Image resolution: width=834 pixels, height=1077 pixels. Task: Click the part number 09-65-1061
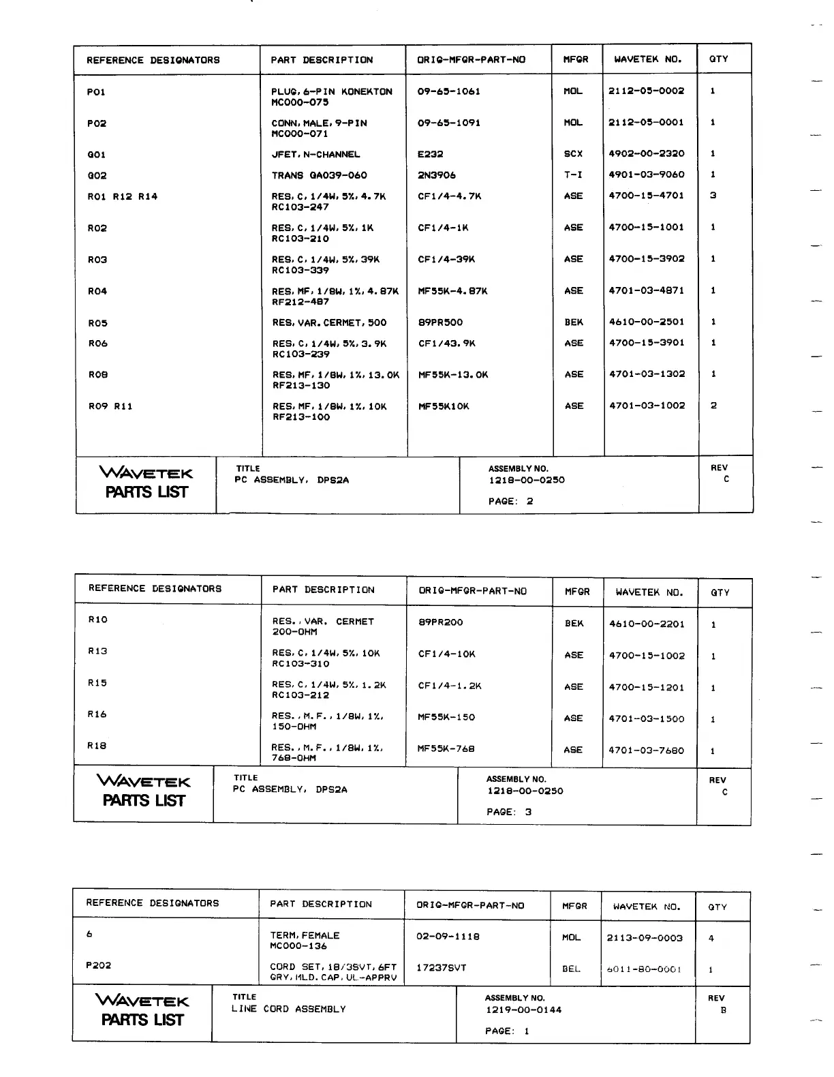[x=448, y=91]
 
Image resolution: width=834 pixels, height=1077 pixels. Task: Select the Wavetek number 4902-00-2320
[x=646, y=154]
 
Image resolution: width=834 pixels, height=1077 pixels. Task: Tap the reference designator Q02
[x=97, y=176]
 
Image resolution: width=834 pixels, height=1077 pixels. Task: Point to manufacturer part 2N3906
[x=437, y=175]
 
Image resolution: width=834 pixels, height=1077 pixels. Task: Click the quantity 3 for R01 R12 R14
[x=713, y=196]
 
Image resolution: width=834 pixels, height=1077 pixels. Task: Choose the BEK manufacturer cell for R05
[x=573, y=322]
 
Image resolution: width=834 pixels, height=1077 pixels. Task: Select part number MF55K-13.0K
[x=453, y=375]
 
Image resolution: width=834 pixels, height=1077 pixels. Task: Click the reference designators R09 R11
[x=110, y=407]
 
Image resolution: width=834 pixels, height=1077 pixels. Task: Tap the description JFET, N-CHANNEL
[x=315, y=155]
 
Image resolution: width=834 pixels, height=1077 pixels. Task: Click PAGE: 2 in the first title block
[x=510, y=502]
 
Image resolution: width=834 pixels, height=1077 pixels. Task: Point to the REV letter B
[x=723, y=1010]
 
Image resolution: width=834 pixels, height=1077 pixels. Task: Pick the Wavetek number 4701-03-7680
[x=646, y=750]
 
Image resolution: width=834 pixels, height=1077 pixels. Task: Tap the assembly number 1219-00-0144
[x=523, y=1010]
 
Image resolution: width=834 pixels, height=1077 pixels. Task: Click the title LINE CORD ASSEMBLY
[x=288, y=1009]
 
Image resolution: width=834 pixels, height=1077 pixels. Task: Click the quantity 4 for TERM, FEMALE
[x=711, y=939]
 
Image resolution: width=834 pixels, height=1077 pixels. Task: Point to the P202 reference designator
[x=98, y=965]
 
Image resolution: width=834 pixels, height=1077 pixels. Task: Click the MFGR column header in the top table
[x=575, y=59]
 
